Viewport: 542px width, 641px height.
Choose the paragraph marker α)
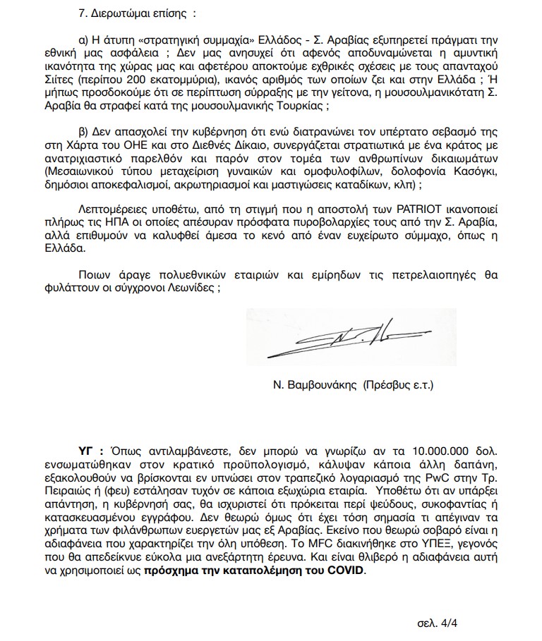point(83,39)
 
